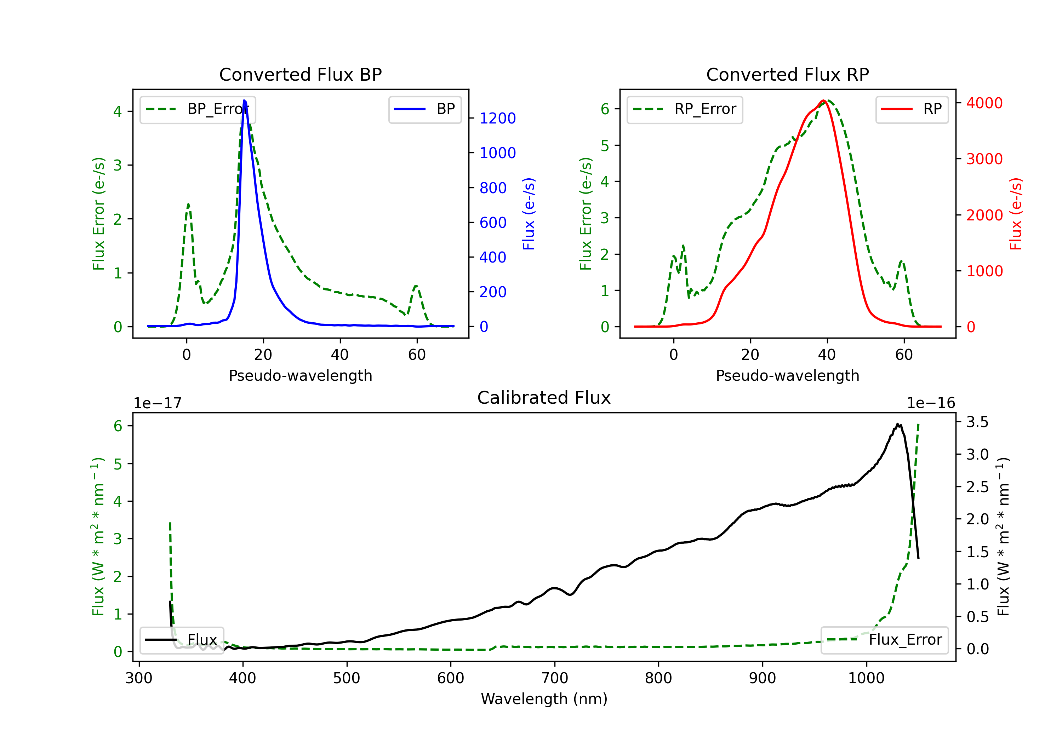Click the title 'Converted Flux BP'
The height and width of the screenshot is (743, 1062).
300,74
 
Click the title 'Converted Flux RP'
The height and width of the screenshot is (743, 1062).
787,74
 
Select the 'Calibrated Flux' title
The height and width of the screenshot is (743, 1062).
544,398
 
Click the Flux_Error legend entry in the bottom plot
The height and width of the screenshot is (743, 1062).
884,640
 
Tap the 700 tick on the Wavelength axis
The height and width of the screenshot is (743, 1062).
555,678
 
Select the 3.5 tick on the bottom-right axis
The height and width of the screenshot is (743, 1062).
977,422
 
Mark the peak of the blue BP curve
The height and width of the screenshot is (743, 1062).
244,100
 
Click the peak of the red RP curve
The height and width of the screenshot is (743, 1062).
824,101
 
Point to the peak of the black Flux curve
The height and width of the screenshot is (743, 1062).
897,424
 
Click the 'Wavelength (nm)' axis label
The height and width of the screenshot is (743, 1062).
544,699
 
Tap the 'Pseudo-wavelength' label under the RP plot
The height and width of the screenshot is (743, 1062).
787,375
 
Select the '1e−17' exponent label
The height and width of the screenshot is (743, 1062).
158,403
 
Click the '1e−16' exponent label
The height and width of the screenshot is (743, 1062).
931,403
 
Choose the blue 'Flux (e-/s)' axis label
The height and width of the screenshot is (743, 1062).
529,214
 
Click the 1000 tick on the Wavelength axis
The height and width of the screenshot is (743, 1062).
866,678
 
